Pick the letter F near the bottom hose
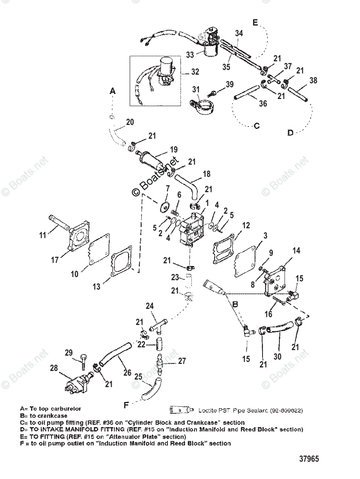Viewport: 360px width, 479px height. (126, 405)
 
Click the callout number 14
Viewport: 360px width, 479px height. (296, 251)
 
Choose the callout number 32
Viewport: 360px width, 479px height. (195, 72)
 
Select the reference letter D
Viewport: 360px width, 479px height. (290, 133)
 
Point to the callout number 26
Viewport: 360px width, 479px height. (127, 372)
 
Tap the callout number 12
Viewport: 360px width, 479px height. (246, 226)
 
